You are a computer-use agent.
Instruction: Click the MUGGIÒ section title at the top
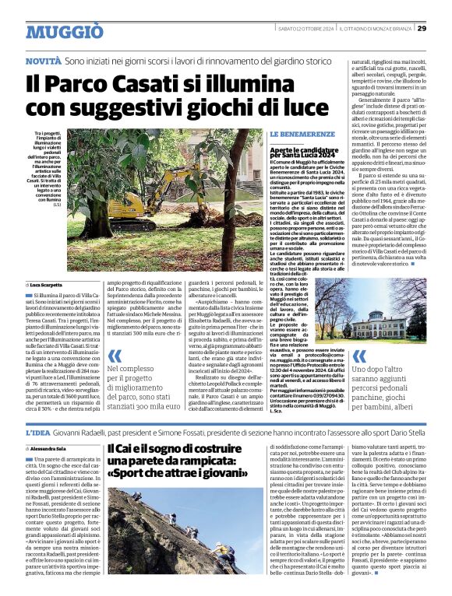coord(65,32)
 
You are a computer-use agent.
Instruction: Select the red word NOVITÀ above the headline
coord(44,60)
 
